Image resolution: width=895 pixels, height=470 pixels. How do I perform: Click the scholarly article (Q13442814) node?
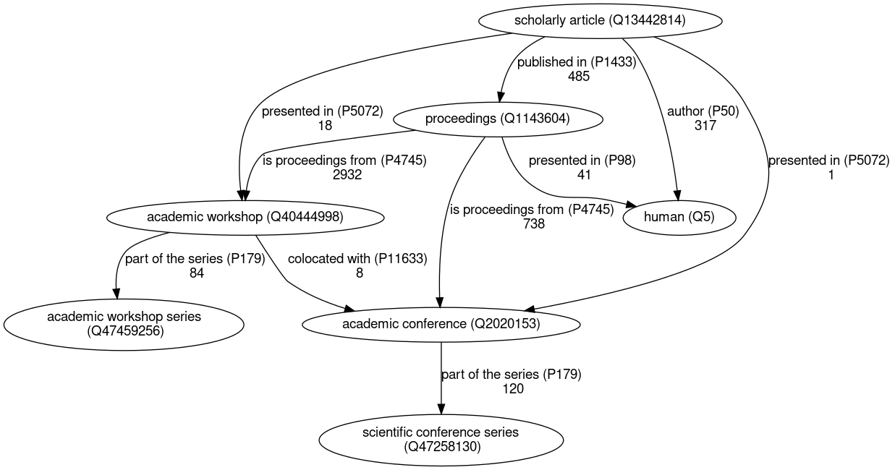point(600,20)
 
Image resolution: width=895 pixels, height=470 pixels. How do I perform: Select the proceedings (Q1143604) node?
point(498,119)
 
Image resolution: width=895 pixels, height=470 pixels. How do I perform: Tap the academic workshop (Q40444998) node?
point(245,216)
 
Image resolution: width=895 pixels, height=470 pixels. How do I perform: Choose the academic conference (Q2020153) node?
point(441,324)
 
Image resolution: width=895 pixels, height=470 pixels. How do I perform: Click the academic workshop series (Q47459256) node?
point(124,324)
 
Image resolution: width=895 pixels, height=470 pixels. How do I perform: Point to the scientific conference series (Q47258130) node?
point(441,440)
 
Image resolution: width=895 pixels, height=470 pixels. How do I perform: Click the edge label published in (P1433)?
point(576,62)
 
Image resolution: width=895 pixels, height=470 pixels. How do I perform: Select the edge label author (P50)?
point(703,111)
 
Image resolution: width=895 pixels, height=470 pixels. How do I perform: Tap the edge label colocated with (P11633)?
point(357,258)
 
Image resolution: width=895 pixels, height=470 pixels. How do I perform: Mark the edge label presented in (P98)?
point(582,161)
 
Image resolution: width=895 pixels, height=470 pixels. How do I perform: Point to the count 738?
point(533,223)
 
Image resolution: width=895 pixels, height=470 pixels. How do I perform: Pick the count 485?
point(579,76)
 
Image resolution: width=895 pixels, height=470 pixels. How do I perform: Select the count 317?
point(705,125)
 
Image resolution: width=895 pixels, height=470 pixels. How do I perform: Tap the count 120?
point(512,388)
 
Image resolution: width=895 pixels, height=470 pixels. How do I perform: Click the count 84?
point(195,273)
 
